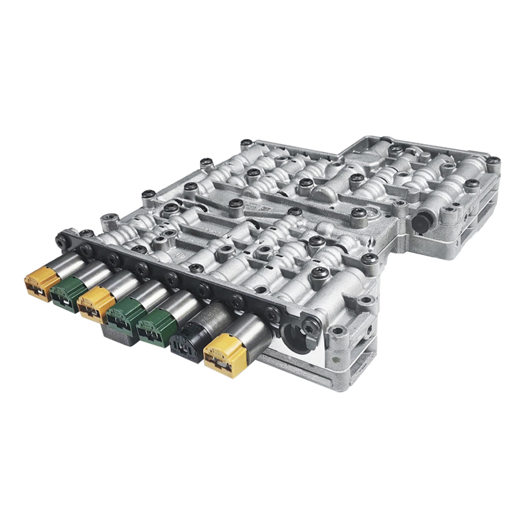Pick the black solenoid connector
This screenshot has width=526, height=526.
click(186, 342)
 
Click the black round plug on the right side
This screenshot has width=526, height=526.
click(424, 220)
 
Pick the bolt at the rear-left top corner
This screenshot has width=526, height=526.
click(245, 143)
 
